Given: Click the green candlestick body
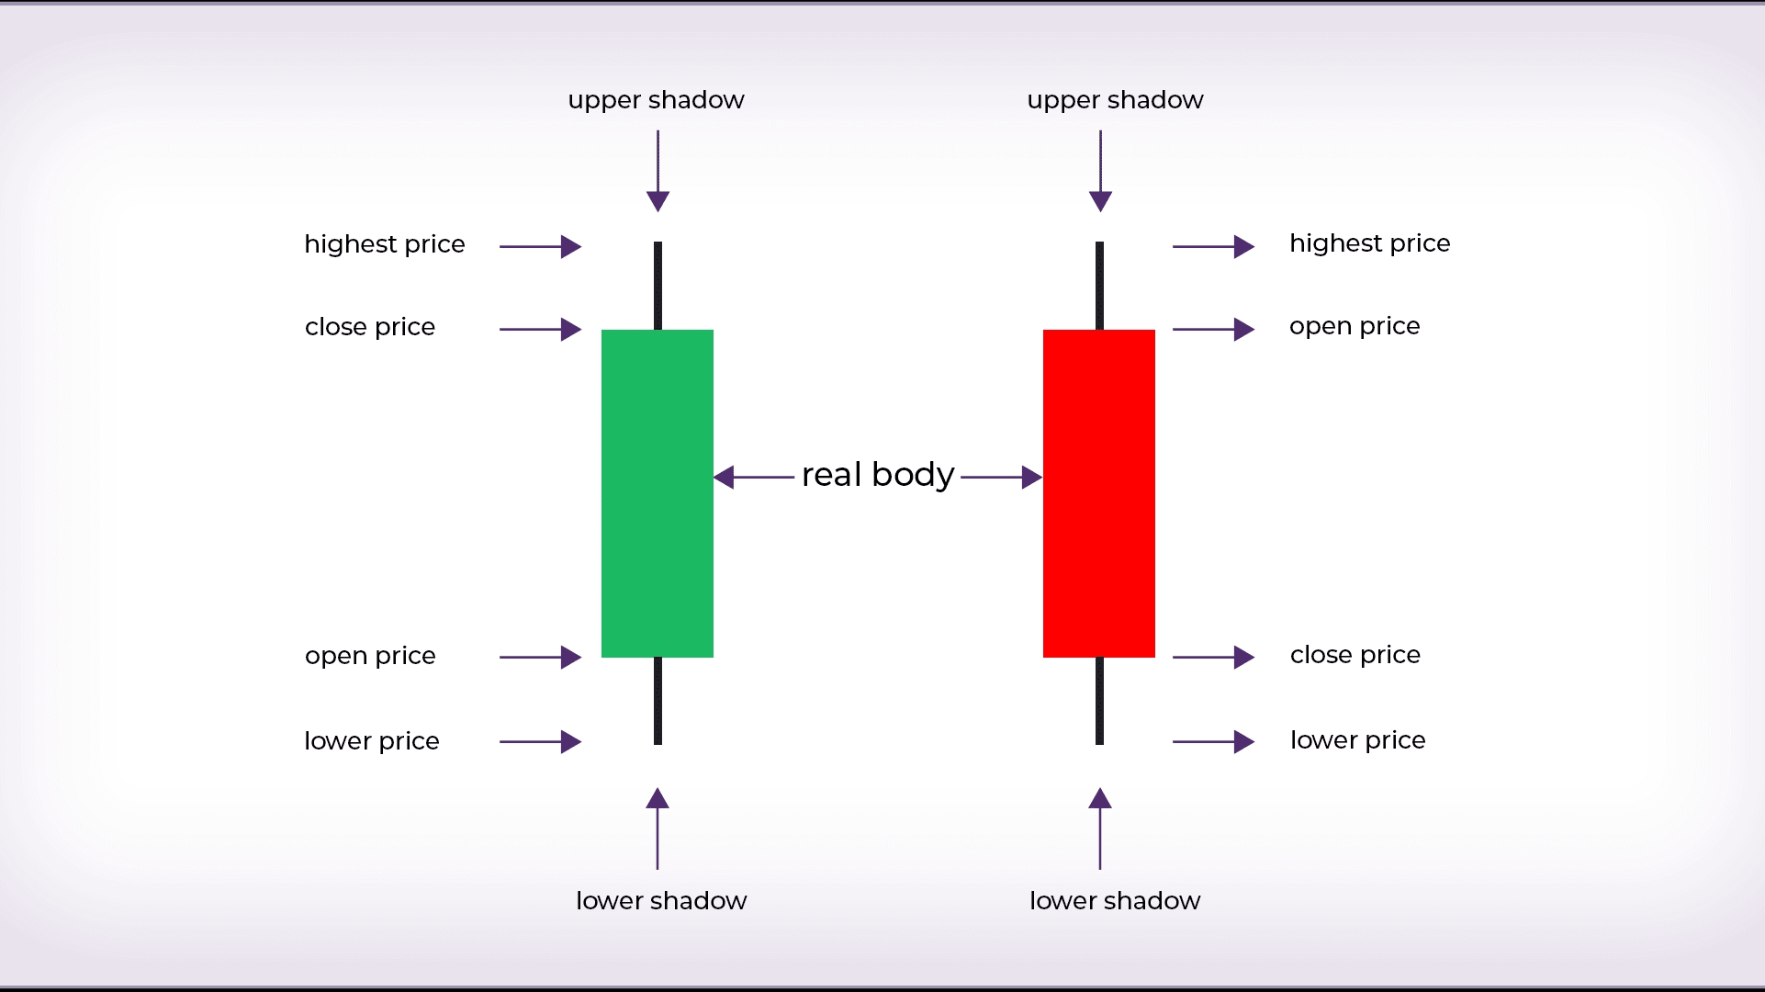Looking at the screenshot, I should pyautogui.click(x=658, y=493).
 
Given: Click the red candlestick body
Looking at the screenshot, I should pyautogui.click(x=1099, y=493).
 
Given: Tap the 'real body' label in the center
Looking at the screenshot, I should pyautogui.click(x=878, y=475).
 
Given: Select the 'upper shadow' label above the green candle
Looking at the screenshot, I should pyautogui.click(x=656, y=99).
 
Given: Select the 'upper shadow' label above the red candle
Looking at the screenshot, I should pyautogui.click(x=1115, y=99).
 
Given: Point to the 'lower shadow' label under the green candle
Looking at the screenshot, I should pyautogui.click(x=661, y=900).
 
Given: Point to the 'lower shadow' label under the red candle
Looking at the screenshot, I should pyautogui.click(x=1115, y=900).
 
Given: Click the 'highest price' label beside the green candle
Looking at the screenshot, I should pyautogui.click(x=385, y=244).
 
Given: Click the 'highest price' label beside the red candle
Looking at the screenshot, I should pyautogui.click(x=1369, y=243).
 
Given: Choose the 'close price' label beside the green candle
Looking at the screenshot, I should pyautogui.click(x=370, y=327).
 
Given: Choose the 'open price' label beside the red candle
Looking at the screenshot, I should pyautogui.click(x=1355, y=326).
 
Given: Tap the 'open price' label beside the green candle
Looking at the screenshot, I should pyautogui.click(x=370, y=656).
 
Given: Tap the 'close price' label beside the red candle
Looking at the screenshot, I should pyautogui.click(x=1355, y=655).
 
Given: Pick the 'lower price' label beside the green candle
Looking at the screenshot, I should pyautogui.click(x=372, y=741).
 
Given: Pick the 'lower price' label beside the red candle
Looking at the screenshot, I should pyautogui.click(x=1357, y=740).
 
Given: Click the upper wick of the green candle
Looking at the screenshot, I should pyautogui.click(x=658, y=285).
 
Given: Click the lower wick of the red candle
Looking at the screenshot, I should pyautogui.click(x=1099, y=701).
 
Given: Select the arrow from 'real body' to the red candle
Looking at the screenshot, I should pyautogui.click(x=1001, y=478).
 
